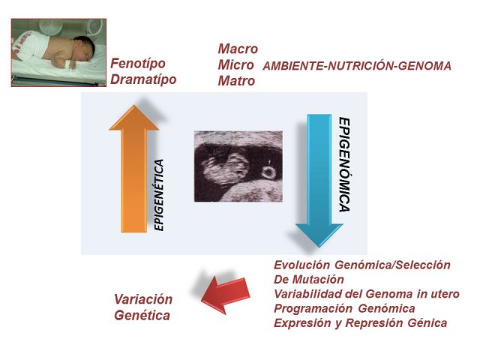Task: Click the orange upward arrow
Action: click(x=133, y=169)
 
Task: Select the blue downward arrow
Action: click(x=319, y=180)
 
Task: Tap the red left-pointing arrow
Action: click(x=226, y=295)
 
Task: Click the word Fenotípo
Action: click(x=138, y=64)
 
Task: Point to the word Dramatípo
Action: click(x=143, y=79)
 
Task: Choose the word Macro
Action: click(x=238, y=49)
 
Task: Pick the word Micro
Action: click(x=235, y=65)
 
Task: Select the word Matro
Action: click(x=236, y=81)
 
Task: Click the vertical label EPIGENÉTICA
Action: click(x=159, y=195)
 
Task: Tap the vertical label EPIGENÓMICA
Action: click(x=344, y=165)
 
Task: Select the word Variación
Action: click(x=143, y=299)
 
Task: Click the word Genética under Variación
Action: click(x=142, y=316)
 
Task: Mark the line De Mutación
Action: click(x=309, y=280)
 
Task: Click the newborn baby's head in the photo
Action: click(x=84, y=48)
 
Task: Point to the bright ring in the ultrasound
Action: click(x=268, y=172)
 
